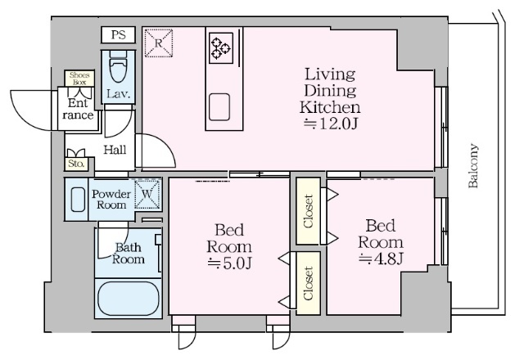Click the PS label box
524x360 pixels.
[118, 34]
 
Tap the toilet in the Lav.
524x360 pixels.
[118, 66]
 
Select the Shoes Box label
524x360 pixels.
[79, 79]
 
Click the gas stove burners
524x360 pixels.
[221, 47]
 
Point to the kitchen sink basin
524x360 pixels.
[219, 107]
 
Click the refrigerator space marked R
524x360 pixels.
[159, 43]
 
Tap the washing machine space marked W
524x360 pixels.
[147, 194]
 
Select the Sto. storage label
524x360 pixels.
[76, 164]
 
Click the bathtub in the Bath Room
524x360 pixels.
[129, 299]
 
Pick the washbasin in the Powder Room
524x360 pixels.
[78, 200]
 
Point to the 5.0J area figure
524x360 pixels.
[229, 263]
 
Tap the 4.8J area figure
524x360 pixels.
[381, 259]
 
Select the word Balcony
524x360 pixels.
[473, 166]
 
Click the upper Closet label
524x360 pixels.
[308, 211]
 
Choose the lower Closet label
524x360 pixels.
[308, 283]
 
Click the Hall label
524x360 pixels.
[115, 150]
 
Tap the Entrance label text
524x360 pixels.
[78, 109]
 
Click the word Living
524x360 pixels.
[330, 74]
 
